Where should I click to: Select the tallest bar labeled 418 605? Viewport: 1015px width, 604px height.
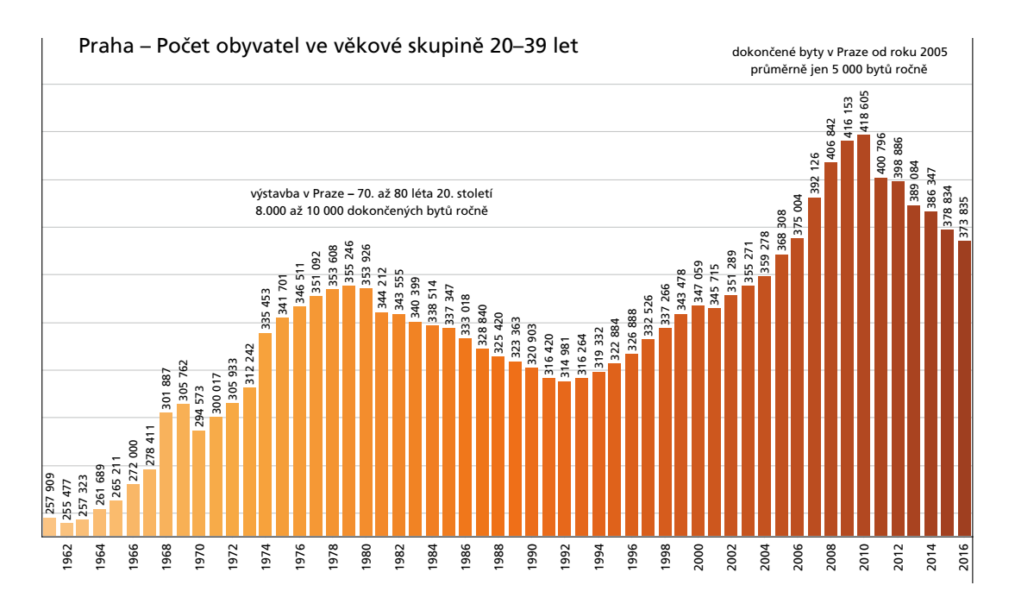click(x=863, y=337)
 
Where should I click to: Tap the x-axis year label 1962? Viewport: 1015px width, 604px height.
click(x=67, y=562)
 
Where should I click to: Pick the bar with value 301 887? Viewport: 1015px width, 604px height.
click(x=166, y=475)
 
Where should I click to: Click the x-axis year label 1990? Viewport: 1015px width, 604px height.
click(x=531, y=562)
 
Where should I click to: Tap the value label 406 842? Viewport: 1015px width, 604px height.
click(x=830, y=138)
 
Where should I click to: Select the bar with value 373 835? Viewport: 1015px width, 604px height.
click(x=964, y=388)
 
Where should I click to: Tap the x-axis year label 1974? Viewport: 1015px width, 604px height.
click(x=266, y=562)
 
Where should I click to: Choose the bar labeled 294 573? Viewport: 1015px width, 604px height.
click(x=199, y=483)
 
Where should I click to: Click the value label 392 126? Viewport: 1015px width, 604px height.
click(x=814, y=173)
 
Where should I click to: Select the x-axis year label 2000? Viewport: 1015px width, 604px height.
click(x=698, y=562)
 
